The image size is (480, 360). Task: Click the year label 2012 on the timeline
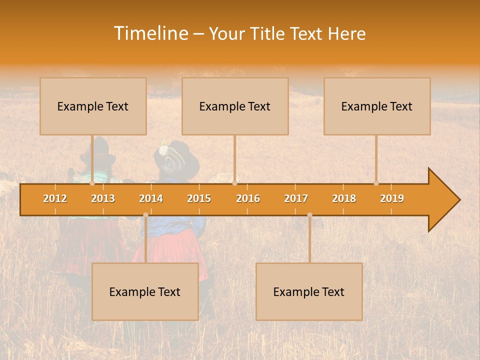(x=55, y=198)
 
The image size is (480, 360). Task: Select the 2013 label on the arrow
(x=103, y=198)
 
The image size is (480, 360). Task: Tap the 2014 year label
(x=151, y=198)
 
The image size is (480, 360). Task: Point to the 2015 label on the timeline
(x=199, y=198)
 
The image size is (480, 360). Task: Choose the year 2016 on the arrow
(x=248, y=198)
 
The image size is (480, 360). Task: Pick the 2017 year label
(x=296, y=198)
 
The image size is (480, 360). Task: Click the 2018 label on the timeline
(x=344, y=198)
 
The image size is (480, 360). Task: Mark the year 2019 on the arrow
(x=392, y=198)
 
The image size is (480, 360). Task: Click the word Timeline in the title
(x=150, y=33)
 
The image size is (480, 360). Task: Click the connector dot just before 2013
(x=92, y=183)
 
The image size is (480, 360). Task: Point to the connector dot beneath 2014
(x=145, y=215)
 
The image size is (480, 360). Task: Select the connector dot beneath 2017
(x=309, y=215)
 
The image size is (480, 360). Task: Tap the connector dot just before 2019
(x=376, y=183)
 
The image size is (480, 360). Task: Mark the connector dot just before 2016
(x=234, y=183)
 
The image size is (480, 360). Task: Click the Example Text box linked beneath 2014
(x=145, y=292)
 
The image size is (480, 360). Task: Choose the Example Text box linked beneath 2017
(x=309, y=292)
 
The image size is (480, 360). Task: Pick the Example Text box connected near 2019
(x=377, y=106)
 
